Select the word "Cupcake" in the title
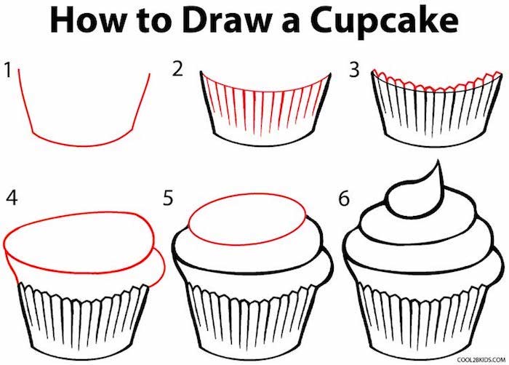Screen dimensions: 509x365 click(384, 22)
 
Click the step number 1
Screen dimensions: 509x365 click(8, 70)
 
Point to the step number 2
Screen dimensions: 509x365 click(177, 69)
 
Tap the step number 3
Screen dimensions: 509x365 click(354, 70)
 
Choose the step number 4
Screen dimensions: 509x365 click(12, 198)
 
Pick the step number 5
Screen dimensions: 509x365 click(167, 198)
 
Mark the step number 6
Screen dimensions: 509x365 click(344, 198)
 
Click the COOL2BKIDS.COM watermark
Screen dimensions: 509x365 click(481, 359)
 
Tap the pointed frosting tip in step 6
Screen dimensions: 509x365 click(438, 160)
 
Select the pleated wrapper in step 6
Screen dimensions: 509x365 click(422, 321)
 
